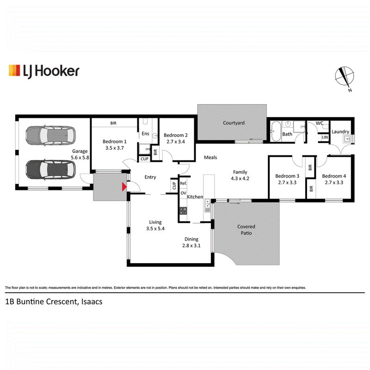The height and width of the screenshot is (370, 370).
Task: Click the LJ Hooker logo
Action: pyautogui.click(x=44, y=71)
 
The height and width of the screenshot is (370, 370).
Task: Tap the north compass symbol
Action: pyautogui.click(x=345, y=77)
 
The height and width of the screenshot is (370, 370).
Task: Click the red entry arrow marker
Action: pyautogui.click(x=124, y=187)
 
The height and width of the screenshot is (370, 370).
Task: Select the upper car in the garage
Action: pyautogui.click(x=50, y=136)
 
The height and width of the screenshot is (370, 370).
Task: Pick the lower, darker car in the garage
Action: pyautogui.click(x=50, y=169)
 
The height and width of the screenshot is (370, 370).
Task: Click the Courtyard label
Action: pyautogui.click(x=234, y=123)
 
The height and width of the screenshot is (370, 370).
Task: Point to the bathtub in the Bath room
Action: pyautogui.click(x=276, y=131)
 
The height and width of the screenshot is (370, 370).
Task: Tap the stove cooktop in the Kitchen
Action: pyautogui.click(x=183, y=211)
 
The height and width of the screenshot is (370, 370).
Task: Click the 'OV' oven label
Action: pyautogui.click(x=183, y=193)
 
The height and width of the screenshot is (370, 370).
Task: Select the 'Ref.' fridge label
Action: pyautogui.click(x=183, y=183)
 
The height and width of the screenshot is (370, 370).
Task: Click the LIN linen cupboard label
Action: pyautogui.click(x=325, y=137)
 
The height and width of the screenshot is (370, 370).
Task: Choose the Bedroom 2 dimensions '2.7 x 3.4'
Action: pyautogui.click(x=176, y=142)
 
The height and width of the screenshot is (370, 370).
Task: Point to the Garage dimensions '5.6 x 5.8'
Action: pyautogui.click(x=80, y=157)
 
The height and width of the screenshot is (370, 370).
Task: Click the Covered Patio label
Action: pyautogui.click(x=246, y=229)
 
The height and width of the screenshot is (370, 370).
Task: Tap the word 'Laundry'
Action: pyautogui.click(x=340, y=132)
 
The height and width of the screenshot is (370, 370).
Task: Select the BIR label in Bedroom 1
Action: pyautogui.click(x=113, y=123)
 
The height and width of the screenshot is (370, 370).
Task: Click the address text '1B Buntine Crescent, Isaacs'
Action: pyautogui.click(x=54, y=302)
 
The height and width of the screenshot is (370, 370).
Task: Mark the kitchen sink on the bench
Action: pyautogui.click(x=207, y=203)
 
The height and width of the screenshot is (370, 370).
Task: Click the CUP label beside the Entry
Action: pyautogui.click(x=174, y=185)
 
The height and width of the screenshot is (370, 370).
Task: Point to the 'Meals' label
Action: pyautogui.click(x=210, y=157)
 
